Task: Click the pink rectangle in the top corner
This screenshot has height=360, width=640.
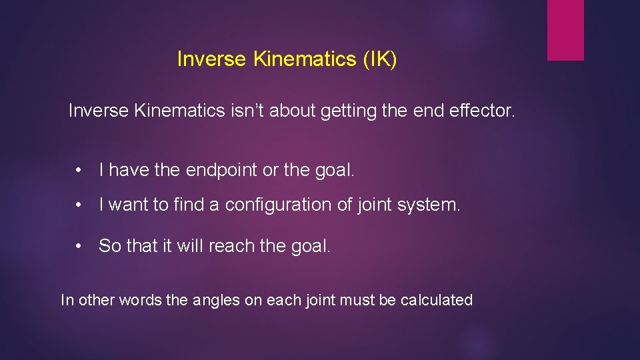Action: coord(565,30)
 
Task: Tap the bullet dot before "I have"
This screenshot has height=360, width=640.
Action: coord(79,171)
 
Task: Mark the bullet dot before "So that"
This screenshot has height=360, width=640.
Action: coord(79,247)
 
